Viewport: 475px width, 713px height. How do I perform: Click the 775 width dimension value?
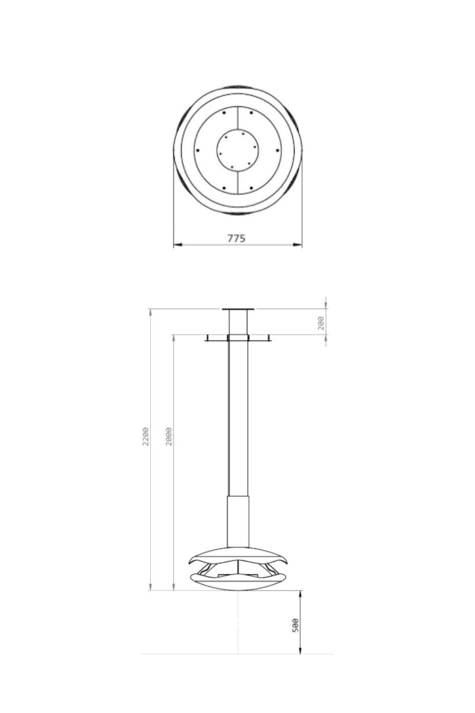point(236,238)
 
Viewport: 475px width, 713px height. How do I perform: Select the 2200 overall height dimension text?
point(145,437)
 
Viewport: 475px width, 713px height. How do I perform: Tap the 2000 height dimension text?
point(169,437)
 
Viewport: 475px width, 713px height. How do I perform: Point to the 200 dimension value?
point(321,323)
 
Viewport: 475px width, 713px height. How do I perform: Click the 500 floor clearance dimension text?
point(296,625)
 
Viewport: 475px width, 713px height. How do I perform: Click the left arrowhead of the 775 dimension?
point(176,244)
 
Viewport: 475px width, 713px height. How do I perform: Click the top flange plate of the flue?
point(237,309)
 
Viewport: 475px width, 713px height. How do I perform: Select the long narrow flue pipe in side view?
point(237,416)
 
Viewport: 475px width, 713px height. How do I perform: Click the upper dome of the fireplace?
point(237,556)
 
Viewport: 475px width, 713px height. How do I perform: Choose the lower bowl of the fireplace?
point(237,582)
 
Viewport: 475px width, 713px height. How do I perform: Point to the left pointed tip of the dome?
point(189,562)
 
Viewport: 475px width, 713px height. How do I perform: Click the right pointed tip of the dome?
point(286,562)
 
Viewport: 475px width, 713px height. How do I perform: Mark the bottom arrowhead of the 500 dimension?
point(300,651)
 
